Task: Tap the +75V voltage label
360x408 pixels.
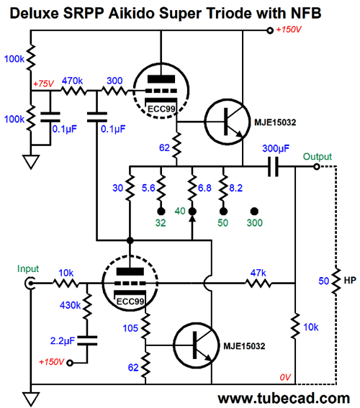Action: click(45, 84)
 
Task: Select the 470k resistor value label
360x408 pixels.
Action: click(71, 81)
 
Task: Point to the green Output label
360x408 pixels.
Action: click(317, 156)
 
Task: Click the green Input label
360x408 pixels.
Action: click(30, 269)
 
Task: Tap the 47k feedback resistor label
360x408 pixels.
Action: click(256, 273)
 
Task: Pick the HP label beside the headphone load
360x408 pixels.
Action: click(350, 280)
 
